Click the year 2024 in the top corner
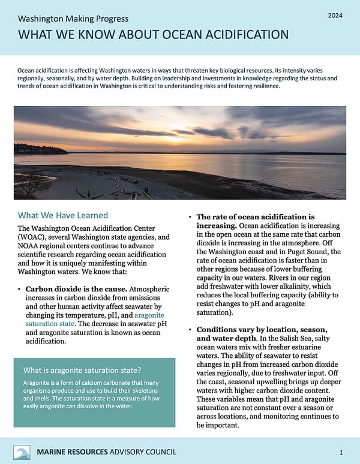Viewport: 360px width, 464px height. (334, 14)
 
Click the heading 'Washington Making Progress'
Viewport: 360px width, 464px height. (73, 19)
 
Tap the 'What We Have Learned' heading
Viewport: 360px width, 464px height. (63, 215)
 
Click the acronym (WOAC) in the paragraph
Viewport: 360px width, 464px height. (32, 237)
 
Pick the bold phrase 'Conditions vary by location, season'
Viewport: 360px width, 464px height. (262, 330)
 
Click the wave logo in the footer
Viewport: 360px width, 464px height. (22, 451)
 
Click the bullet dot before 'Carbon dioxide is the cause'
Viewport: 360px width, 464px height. (20, 290)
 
